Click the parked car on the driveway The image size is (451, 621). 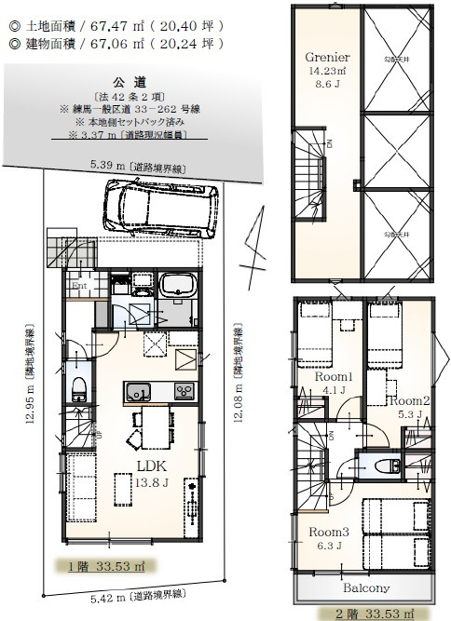(158, 209)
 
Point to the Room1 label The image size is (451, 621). (333, 376)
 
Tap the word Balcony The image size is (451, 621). (365, 588)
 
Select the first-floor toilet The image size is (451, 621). (78, 386)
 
